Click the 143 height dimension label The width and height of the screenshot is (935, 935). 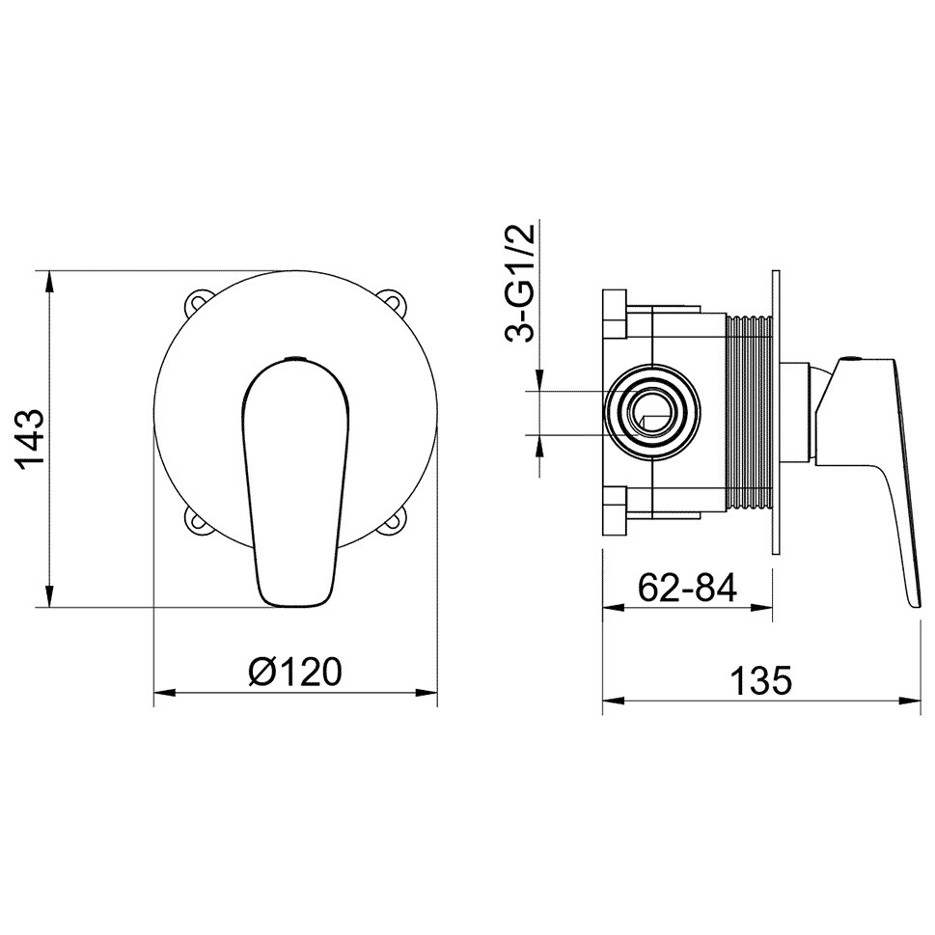pos(30,440)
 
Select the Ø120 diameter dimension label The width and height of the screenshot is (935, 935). pos(295,673)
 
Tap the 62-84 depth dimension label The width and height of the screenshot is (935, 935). pos(688,588)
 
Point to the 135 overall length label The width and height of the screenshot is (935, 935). pos(761,680)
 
